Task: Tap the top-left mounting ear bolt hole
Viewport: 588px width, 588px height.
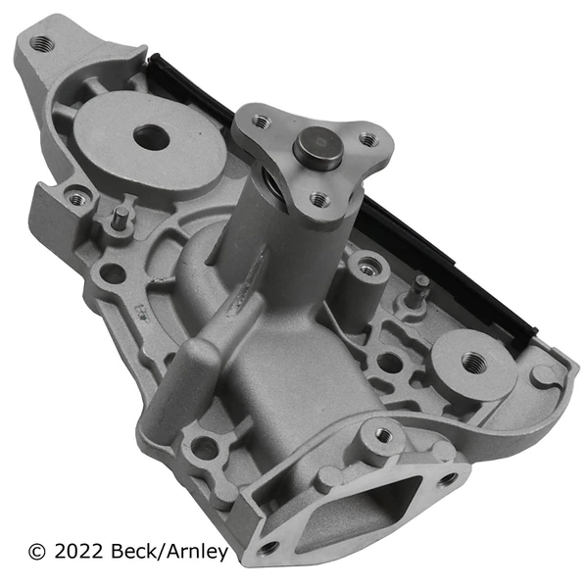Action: pos(41,44)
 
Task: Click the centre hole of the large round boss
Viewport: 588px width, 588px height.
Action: pos(151,137)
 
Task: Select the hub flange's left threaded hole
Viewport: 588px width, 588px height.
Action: pos(261,122)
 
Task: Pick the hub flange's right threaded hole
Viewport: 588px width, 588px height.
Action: pos(367,140)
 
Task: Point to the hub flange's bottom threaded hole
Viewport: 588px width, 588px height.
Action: pos(318,199)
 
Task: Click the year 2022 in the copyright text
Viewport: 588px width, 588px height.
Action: pos(81,552)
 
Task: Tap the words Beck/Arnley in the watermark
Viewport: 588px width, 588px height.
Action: pos(173,552)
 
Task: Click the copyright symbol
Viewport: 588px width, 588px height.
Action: pos(37,552)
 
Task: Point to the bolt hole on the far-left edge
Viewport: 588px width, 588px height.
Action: pos(76,199)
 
